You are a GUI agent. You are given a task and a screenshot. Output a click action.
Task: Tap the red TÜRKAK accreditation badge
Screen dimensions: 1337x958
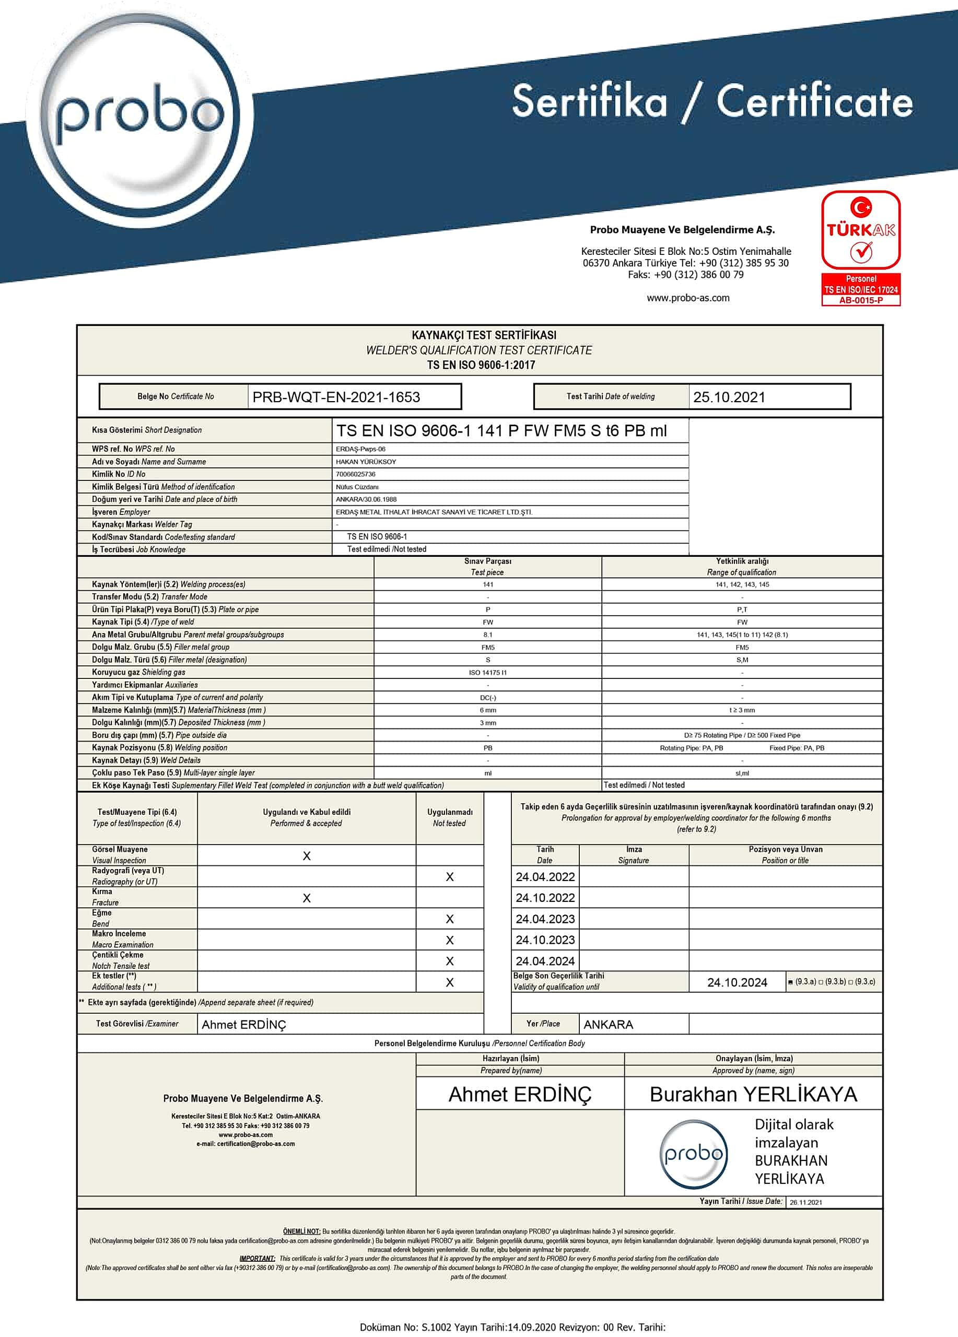(861, 248)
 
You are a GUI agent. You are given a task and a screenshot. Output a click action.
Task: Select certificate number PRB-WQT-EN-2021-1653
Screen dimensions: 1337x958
(336, 397)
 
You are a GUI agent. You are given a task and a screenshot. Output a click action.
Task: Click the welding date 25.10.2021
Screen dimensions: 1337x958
(729, 397)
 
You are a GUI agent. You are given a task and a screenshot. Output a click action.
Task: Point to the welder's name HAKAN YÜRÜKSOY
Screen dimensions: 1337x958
(366, 462)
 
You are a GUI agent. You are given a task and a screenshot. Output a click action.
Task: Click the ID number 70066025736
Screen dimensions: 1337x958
(356, 474)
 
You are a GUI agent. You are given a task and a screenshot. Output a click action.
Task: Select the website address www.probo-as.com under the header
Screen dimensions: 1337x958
(688, 298)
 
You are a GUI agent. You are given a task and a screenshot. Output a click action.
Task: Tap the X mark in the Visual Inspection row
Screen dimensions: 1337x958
(307, 856)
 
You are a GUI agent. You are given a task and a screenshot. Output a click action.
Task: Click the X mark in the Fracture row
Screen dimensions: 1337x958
(307, 898)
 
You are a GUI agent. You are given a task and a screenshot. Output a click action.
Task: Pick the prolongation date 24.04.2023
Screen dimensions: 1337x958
(545, 919)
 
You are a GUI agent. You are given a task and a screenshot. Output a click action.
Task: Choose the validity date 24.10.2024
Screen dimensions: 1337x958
(737, 982)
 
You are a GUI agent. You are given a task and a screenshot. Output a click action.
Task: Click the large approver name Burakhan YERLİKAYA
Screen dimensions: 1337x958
(753, 1094)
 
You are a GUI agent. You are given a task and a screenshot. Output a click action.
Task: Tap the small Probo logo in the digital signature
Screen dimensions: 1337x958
(693, 1154)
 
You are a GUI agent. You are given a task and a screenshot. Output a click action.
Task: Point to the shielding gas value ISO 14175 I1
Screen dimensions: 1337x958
(487, 673)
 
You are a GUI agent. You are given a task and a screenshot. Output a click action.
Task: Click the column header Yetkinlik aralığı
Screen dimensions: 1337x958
(742, 561)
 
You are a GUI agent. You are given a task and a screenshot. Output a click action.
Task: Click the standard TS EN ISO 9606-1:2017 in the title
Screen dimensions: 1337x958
(481, 365)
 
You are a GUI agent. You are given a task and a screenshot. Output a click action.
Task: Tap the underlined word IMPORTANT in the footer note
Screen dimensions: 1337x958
(257, 1259)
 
